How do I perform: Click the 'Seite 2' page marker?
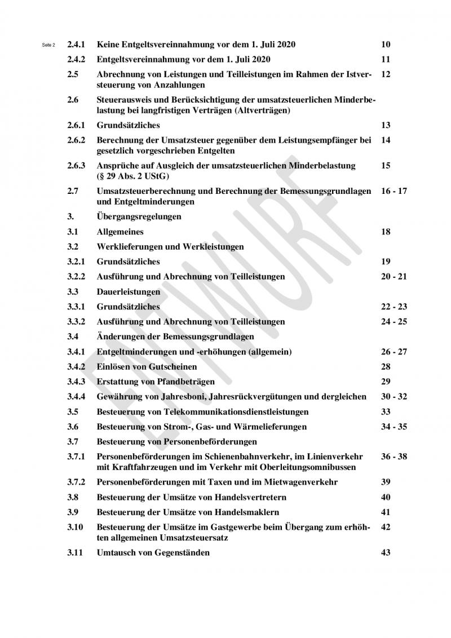pos(49,45)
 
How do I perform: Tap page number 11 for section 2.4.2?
pos(386,59)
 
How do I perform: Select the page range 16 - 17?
pos(393,191)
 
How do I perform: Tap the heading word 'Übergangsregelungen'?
pos(139,216)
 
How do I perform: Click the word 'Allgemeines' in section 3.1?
pos(120,232)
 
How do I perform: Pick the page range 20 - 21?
pos(393,277)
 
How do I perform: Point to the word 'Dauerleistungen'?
pos(129,292)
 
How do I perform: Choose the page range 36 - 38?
pos(393,457)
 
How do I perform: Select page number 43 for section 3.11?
pos(386,552)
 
